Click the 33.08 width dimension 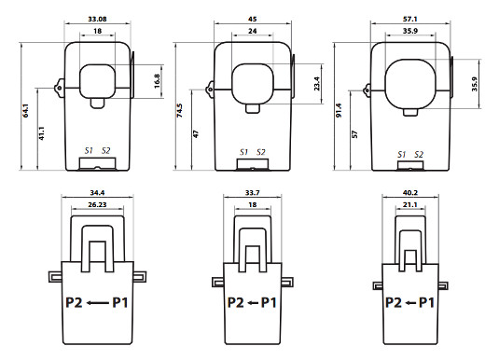pos(97,19)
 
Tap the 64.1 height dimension pos(26,111)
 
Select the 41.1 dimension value pos(42,133)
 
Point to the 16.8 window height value pos(157,81)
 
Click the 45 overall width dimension pos(253,19)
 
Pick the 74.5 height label pos(179,110)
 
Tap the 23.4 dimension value pos(317,83)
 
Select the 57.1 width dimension pos(409,19)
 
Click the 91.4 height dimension pos(339,110)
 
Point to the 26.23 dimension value pos(97,204)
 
